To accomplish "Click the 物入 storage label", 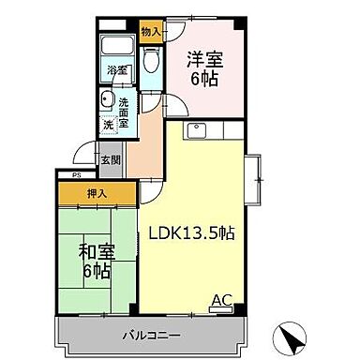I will tap(150, 31).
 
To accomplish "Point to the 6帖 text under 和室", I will tap(97, 273).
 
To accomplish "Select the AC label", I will tap(220, 299).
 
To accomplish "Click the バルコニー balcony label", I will tap(147, 335).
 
